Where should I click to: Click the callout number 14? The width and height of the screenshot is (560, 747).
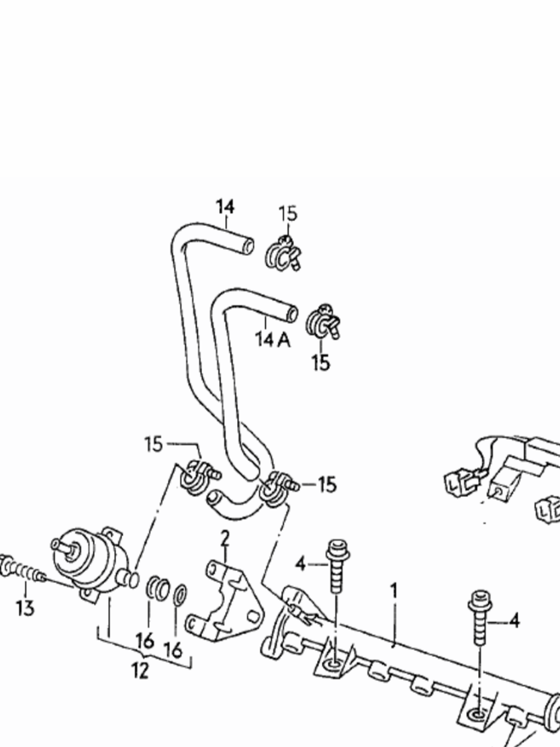click(225, 206)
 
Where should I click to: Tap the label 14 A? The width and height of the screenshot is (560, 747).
click(273, 339)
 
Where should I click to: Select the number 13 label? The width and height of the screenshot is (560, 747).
click(25, 609)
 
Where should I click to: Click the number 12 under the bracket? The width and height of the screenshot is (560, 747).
click(140, 670)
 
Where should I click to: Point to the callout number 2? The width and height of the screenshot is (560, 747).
click(225, 537)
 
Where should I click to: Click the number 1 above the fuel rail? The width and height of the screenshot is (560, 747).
click(394, 590)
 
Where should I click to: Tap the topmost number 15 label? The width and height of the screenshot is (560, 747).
click(287, 214)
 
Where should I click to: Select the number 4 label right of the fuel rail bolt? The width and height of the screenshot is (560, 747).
click(514, 621)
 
